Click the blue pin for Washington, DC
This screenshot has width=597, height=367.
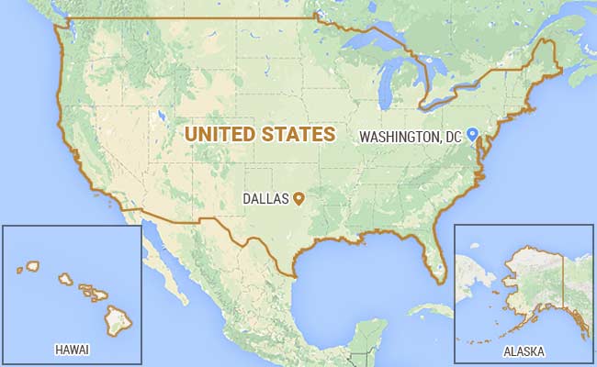(x=472, y=134)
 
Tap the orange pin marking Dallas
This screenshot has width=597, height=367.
(x=298, y=196)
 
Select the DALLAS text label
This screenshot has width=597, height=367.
(x=265, y=198)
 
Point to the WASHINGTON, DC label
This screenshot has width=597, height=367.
(x=410, y=137)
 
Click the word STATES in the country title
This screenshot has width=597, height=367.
(x=296, y=134)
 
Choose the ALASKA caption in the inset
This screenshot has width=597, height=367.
(x=524, y=351)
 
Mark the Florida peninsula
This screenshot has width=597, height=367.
(x=430, y=253)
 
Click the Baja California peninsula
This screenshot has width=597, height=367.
(x=162, y=266)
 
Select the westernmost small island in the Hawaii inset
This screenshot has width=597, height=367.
(x=19, y=270)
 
